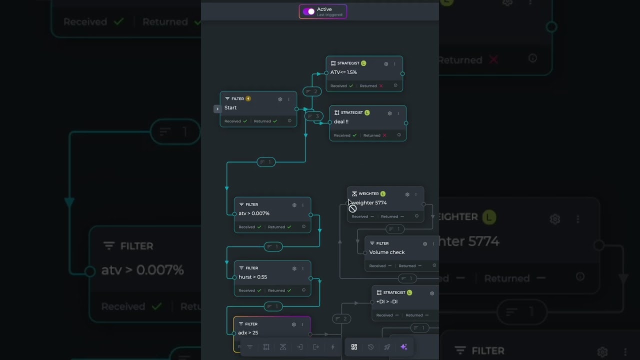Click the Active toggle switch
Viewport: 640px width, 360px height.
coord(308,11)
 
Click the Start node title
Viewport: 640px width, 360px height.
coord(230,107)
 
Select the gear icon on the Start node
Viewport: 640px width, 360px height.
coord(280,99)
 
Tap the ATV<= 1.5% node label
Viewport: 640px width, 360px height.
coord(343,72)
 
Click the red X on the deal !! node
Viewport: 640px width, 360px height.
coord(384,135)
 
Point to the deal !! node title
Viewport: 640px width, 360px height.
coord(341,121)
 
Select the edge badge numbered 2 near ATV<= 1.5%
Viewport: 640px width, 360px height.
coord(312,91)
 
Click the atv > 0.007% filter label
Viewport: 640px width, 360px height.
coord(254,213)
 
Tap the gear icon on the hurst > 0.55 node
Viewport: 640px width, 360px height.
coord(294,268)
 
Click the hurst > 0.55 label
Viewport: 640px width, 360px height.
coord(252,277)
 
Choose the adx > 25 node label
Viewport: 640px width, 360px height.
coord(248,332)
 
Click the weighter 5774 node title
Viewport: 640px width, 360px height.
coord(369,202)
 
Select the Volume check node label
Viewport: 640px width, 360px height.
coord(387,252)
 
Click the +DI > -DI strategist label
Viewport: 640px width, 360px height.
coord(387,301)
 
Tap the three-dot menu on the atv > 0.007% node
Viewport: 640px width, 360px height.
coord(302,205)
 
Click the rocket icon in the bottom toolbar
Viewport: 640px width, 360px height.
coord(387,347)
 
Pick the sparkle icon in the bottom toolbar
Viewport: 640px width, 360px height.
coord(404,347)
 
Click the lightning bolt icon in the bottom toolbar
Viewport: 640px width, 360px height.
coord(333,347)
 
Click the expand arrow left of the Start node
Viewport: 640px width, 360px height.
coord(217,108)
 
